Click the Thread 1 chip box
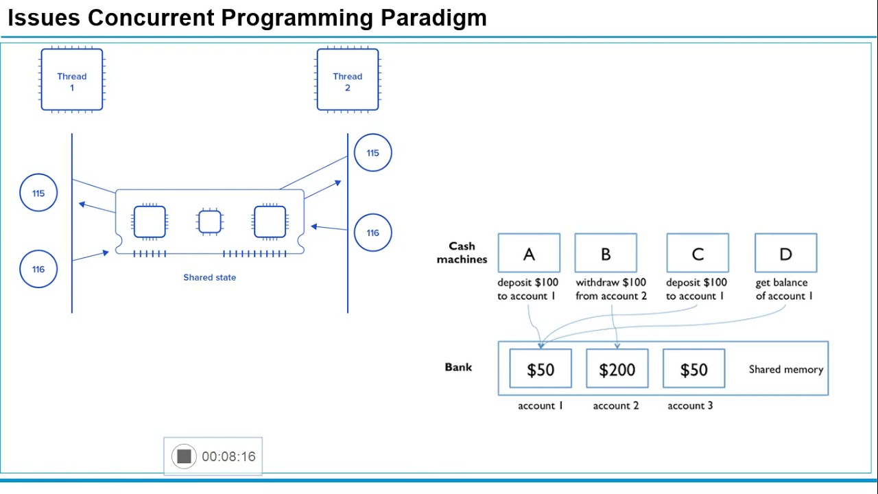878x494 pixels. [x=72, y=80]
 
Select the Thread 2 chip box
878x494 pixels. [x=348, y=80]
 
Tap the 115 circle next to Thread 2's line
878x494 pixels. [x=372, y=153]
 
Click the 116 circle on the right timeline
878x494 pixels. [x=372, y=233]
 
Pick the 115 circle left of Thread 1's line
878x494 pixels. [x=38, y=193]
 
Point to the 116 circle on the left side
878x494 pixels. [x=38, y=269]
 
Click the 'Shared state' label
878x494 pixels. [x=209, y=277]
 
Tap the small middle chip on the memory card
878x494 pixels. [x=209, y=222]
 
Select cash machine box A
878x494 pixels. [x=529, y=253]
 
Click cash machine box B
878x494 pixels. [x=606, y=253]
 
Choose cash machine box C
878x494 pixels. [x=698, y=253]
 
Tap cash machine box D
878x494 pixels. [x=785, y=253]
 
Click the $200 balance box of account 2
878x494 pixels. [x=617, y=369]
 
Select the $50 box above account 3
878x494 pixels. [x=693, y=369]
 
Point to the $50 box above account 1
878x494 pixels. [x=541, y=369]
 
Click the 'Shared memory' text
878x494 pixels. [x=785, y=369]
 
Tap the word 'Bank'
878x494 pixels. [x=458, y=367]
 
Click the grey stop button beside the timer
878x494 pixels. [x=184, y=456]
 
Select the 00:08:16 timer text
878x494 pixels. [x=228, y=456]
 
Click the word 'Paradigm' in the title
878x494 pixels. [x=434, y=18]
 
